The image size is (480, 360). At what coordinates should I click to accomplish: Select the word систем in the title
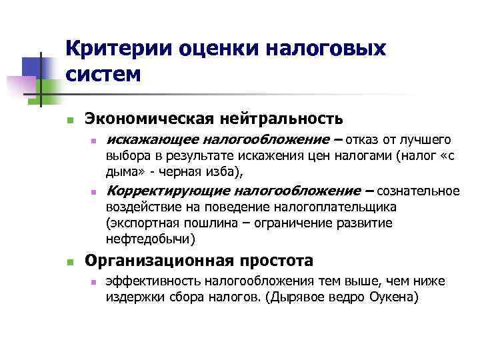tap(103, 74)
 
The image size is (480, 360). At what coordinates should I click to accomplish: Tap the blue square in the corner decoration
tap(31, 67)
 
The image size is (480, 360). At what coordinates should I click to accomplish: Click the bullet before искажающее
tap(95, 141)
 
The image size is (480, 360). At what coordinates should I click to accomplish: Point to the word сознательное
tap(418, 191)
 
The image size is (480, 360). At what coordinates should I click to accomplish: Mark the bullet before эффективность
tap(95, 282)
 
